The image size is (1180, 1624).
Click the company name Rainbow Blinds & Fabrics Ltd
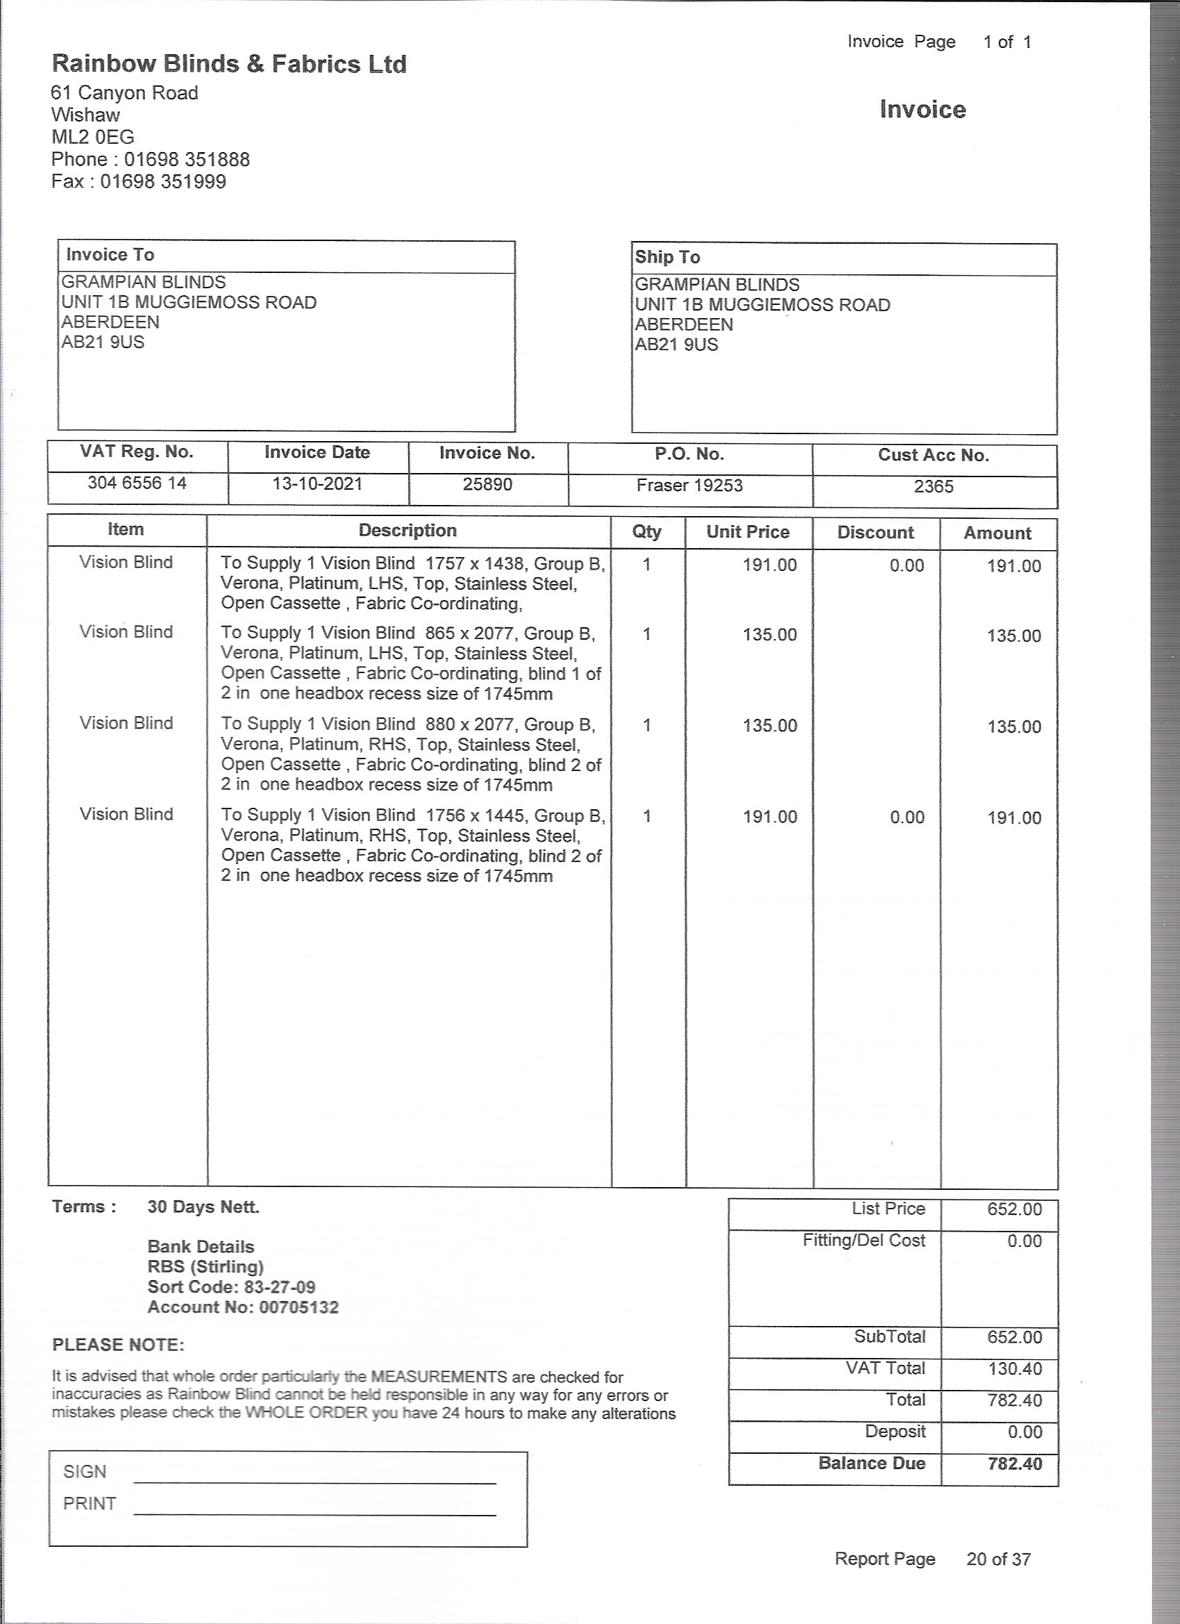tap(229, 65)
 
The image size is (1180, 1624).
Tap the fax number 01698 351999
tap(163, 182)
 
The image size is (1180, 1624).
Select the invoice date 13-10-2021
tap(317, 484)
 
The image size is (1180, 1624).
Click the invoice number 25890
tap(487, 485)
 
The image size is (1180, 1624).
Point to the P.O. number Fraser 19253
tap(689, 486)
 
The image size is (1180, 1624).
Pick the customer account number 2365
tap(933, 487)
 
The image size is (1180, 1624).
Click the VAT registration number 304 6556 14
tap(137, 483)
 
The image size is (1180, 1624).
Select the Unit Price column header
tap(748, 532)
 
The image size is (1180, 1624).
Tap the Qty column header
tap(646, 531)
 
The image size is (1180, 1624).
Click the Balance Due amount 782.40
tap(1015, 1464)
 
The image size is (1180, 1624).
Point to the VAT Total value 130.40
tap(1015, 1368)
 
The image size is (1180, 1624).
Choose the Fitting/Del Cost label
tap(863, 1240)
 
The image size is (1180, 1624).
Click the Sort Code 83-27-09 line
tap(231, 1286)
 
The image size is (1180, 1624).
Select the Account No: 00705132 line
tap(242, 1307)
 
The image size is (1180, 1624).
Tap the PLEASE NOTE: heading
tap(118, 1345)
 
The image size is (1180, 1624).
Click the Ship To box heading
tap(667, 257)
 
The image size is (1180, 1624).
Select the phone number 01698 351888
tap(187, 160)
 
